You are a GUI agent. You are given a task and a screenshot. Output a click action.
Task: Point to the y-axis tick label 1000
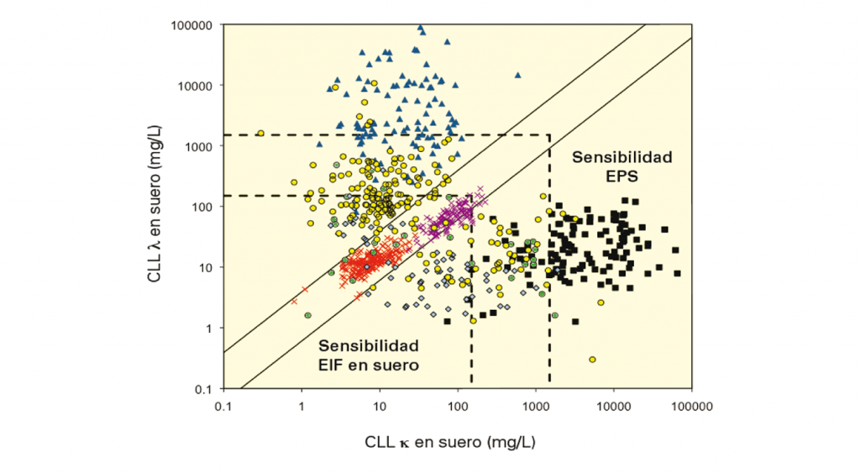[x=198, y=146]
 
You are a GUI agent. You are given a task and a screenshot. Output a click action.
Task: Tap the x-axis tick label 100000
[x=691, y=405]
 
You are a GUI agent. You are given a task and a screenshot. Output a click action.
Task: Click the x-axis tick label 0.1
[x=223, y=405]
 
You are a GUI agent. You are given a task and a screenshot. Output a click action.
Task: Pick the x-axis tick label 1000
[x=535, y=405]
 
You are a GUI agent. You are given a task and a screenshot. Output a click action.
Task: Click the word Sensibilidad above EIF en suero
[x=368, y=346]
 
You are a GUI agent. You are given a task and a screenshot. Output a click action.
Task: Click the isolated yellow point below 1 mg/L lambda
[x=592, y=359]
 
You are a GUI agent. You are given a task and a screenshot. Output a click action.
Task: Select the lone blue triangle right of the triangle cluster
[x=517, y=75]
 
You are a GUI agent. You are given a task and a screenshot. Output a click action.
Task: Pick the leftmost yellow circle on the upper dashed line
[x=260, y=133]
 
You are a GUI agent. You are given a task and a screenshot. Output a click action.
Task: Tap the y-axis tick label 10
[x=204, y=267]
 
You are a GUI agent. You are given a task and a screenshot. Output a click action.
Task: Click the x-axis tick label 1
[x=301, y=405]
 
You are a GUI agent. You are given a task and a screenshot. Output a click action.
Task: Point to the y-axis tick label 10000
[x=196, y=86]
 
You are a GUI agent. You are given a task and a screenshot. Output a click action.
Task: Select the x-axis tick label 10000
[x=613, y=405]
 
